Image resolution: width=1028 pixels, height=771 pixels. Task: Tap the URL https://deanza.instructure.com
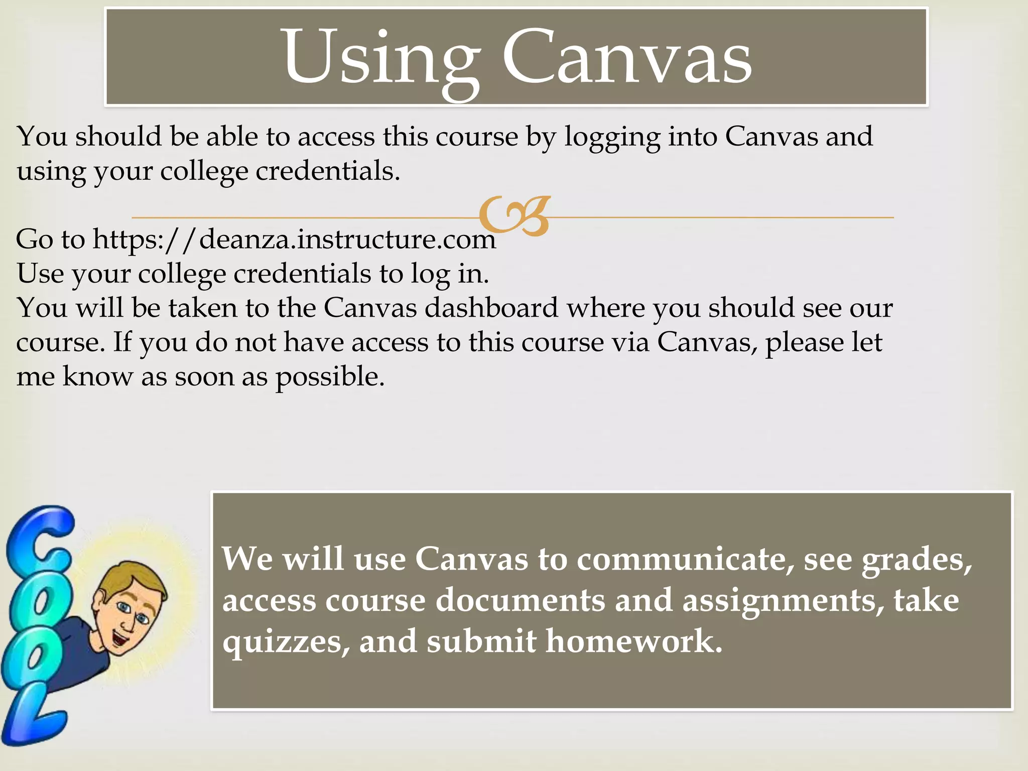(294, 239)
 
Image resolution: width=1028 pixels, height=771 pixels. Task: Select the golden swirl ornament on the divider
(515, 216)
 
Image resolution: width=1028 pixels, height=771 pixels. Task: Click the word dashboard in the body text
(491, 308)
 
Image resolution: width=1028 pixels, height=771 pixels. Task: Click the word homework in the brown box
(633, 641)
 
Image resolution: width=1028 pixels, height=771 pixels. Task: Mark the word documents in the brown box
(520, 601)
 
